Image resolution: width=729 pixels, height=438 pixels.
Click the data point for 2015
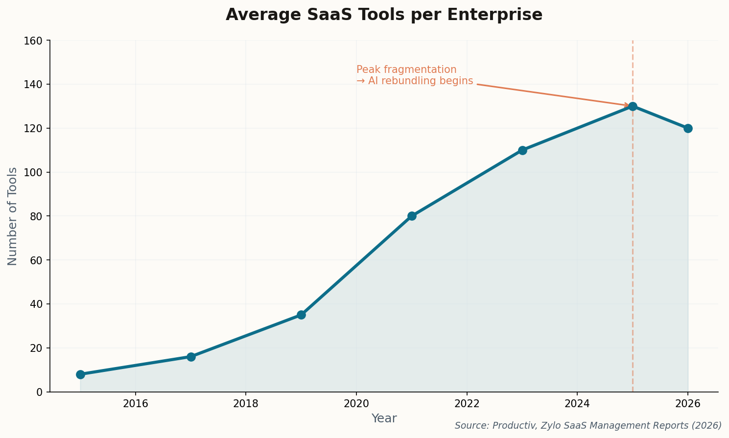pos(80,374)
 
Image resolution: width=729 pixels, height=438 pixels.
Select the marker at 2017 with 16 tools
pos(191,357)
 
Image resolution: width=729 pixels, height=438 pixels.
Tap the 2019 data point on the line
pos(301,315)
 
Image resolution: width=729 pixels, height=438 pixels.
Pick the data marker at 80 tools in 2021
pos(412,216)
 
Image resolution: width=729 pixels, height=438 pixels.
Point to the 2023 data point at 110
pos(522,150)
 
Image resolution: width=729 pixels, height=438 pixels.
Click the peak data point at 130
pos(633,106)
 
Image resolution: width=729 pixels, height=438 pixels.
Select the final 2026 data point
pos(688,128)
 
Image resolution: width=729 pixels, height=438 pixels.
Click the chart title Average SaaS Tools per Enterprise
pos(384,15)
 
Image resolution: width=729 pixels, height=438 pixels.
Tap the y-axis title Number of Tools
pos(13,216)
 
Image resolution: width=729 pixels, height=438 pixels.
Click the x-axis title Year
pos(384,418)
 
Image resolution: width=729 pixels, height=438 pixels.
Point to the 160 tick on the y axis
pos(33,41)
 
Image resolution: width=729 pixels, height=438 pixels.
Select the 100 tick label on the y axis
pos(33,172)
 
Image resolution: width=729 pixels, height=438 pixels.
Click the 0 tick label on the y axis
pos(39,392)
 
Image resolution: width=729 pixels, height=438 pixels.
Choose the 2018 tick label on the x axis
pos(246,404)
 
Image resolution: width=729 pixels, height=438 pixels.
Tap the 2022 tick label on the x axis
pos(467,404)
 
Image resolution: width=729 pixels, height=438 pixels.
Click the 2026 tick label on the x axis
pos(688,404)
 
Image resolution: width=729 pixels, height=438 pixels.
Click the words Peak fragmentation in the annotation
pos(406,70)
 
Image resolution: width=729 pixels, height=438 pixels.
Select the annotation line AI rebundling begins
pos(415,81)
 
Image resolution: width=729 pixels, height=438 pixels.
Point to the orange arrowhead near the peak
pos(627,105)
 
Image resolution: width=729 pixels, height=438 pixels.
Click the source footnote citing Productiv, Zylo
pos(588,426)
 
